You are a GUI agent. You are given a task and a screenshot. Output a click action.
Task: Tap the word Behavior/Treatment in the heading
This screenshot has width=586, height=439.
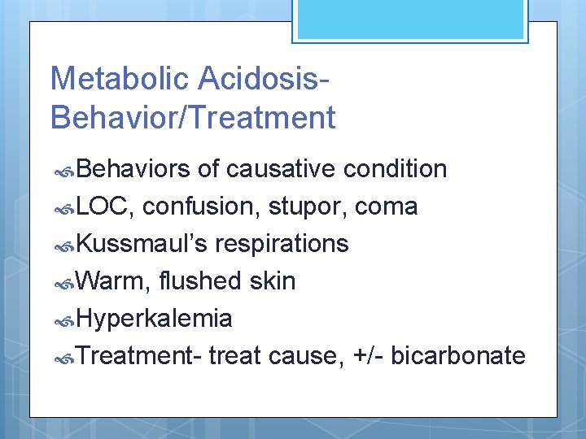click(x=193, y=118)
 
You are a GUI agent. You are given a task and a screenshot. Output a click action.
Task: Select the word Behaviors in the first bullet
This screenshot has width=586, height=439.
click(x=134, y=169)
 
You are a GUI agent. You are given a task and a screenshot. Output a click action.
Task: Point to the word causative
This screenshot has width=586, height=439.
click(x=281, y=169)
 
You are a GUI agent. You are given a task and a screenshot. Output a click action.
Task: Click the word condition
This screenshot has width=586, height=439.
click(x=395, y=169)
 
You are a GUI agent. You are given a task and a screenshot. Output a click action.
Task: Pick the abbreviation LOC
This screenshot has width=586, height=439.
click(x=107, y=206)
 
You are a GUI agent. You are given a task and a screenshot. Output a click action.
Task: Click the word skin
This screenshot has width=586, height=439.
click(x=273, y=281)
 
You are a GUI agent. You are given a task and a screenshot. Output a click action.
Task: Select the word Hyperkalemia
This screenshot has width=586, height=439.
click(x=155, y=319)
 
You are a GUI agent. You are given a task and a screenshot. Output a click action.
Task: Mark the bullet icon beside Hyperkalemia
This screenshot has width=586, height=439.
click(x=64, y=320)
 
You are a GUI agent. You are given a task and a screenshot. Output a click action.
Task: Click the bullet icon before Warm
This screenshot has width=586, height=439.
click(x=64, y=283)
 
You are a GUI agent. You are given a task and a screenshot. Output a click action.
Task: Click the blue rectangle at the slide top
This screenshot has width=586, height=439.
click(x=410, y=20)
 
